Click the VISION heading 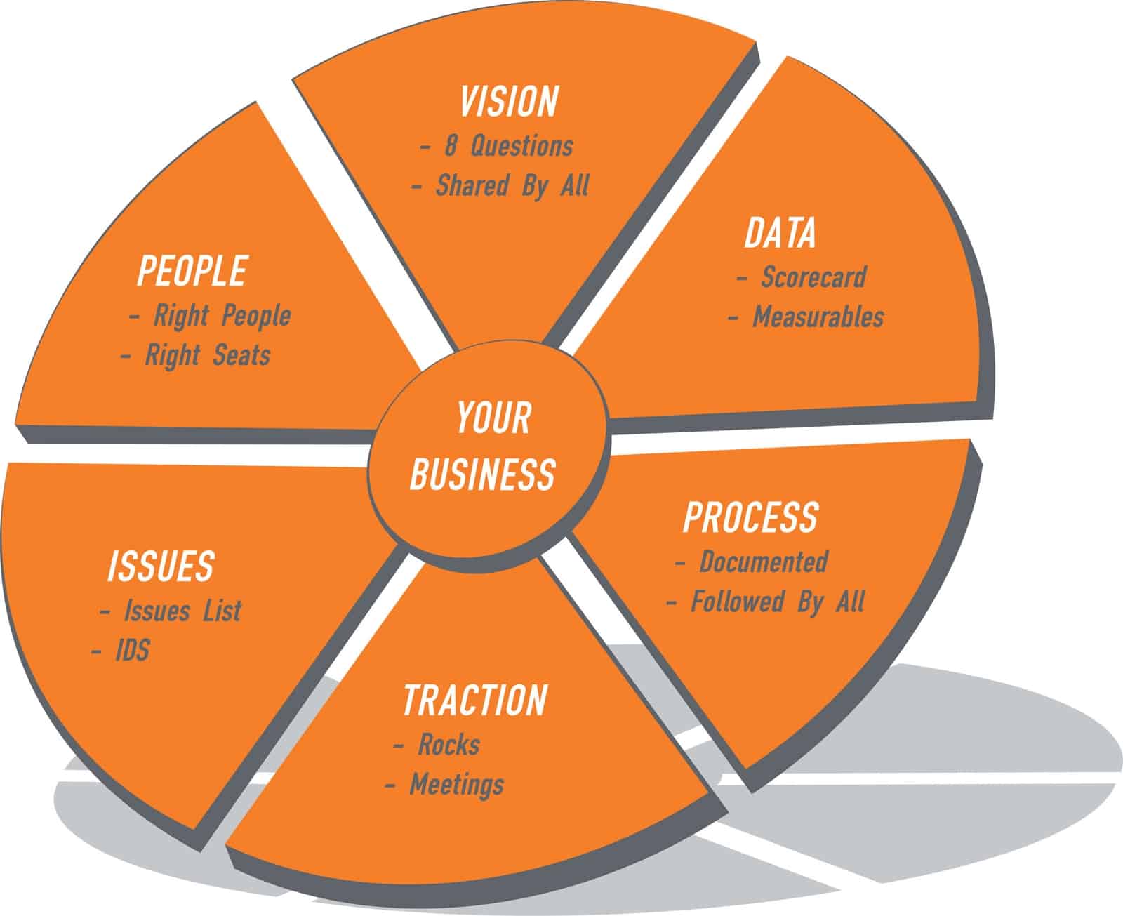510,102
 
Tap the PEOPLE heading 192,271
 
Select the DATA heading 780,234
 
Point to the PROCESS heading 750,517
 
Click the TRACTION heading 475,700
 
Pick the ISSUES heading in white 161,566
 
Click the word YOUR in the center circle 493,418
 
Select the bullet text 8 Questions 508,146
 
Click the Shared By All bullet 512,185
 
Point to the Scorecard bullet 813,277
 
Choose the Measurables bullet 818,317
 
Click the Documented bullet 764,562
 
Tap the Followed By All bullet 778,602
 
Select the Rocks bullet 448,744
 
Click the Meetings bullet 456,784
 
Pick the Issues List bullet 182,611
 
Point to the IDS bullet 133,651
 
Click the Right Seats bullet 207,355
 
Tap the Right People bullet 222,316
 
